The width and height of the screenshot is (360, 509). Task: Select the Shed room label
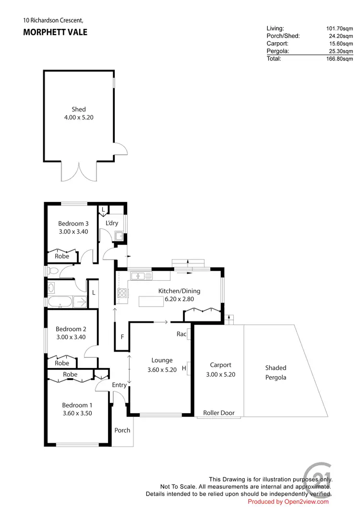point(79,109)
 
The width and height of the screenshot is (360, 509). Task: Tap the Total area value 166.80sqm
point(339,59)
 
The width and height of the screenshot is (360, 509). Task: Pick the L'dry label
point(112,223)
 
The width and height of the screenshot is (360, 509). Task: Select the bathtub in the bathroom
point(60,302)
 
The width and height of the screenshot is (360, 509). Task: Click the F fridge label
point(122,337)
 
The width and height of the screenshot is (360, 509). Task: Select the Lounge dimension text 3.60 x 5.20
point(162,370)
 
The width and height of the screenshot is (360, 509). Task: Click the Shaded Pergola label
point(276,373)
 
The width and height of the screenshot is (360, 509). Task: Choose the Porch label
point(122,430)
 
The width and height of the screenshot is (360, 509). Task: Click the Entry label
point(119,385)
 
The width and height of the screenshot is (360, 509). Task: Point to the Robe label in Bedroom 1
point(70,374)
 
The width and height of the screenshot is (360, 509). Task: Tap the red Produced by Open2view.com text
point(288,502)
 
